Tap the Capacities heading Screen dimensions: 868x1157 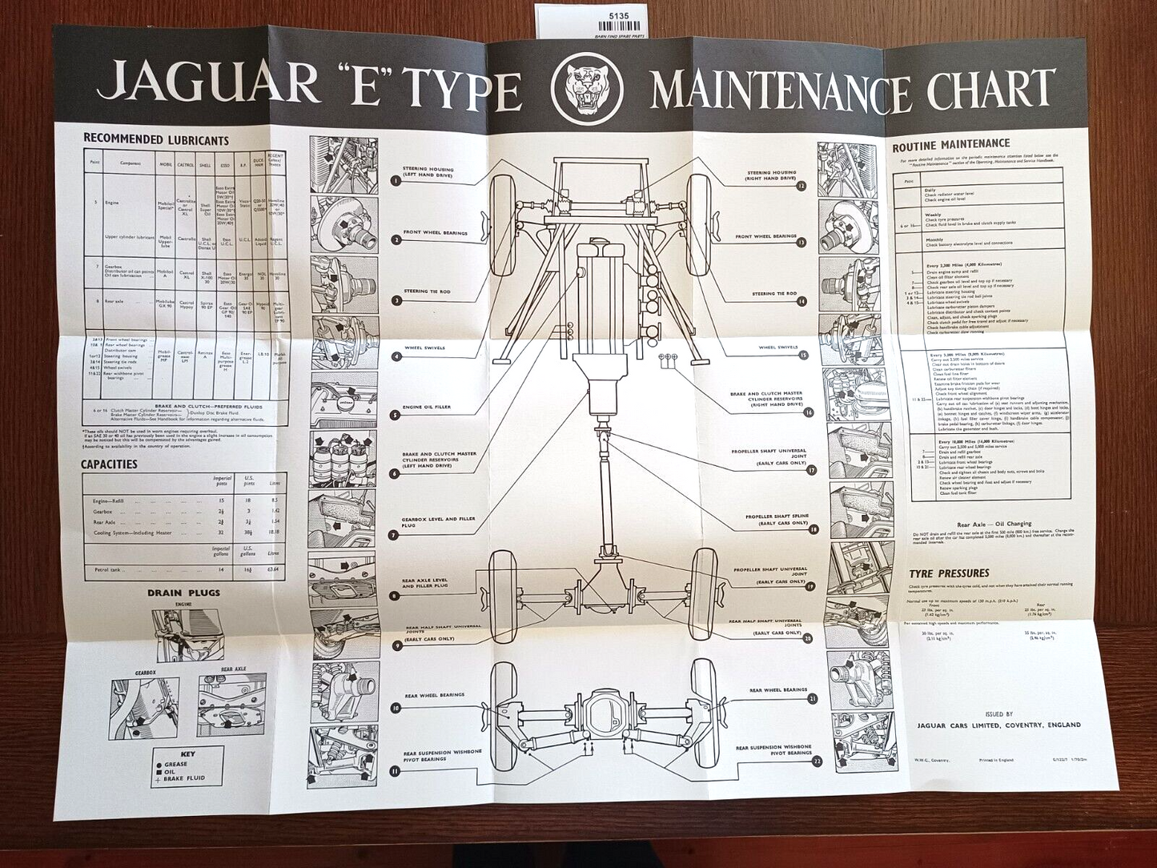[109, 464]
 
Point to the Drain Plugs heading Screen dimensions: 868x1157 [183, 593]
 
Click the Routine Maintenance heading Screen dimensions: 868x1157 [951, 146]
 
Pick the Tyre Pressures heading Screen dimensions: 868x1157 [949, 573]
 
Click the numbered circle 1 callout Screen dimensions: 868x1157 [396, 181]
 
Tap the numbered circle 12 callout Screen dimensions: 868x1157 [801, 186]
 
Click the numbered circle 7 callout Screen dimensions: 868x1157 [395, 535]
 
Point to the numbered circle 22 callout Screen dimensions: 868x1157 [817, 762]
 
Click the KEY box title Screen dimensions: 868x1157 [187, 753]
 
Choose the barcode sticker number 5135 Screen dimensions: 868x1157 [619, 14]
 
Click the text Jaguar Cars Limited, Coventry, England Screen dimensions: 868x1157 [994, 725]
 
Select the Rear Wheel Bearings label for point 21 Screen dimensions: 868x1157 [778, 689]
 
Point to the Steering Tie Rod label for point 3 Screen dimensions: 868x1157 [427, 291]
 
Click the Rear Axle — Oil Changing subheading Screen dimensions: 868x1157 [993, 524]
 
